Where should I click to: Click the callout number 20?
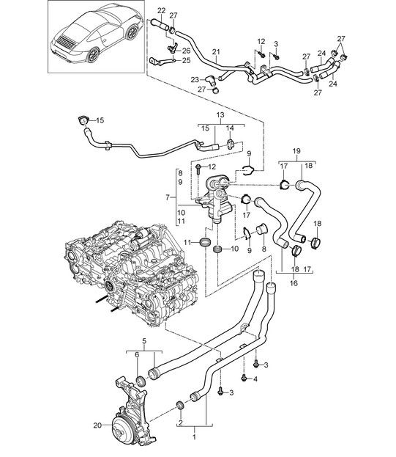point(97,425)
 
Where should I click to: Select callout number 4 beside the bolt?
point(255,379)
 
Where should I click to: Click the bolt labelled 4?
point(244,379)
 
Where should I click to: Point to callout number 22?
point(161,11)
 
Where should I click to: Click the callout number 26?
point(187,51)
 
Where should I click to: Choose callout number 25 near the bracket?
point(187,60)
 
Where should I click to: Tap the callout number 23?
point(195,79)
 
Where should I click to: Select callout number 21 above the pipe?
point(216,52)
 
